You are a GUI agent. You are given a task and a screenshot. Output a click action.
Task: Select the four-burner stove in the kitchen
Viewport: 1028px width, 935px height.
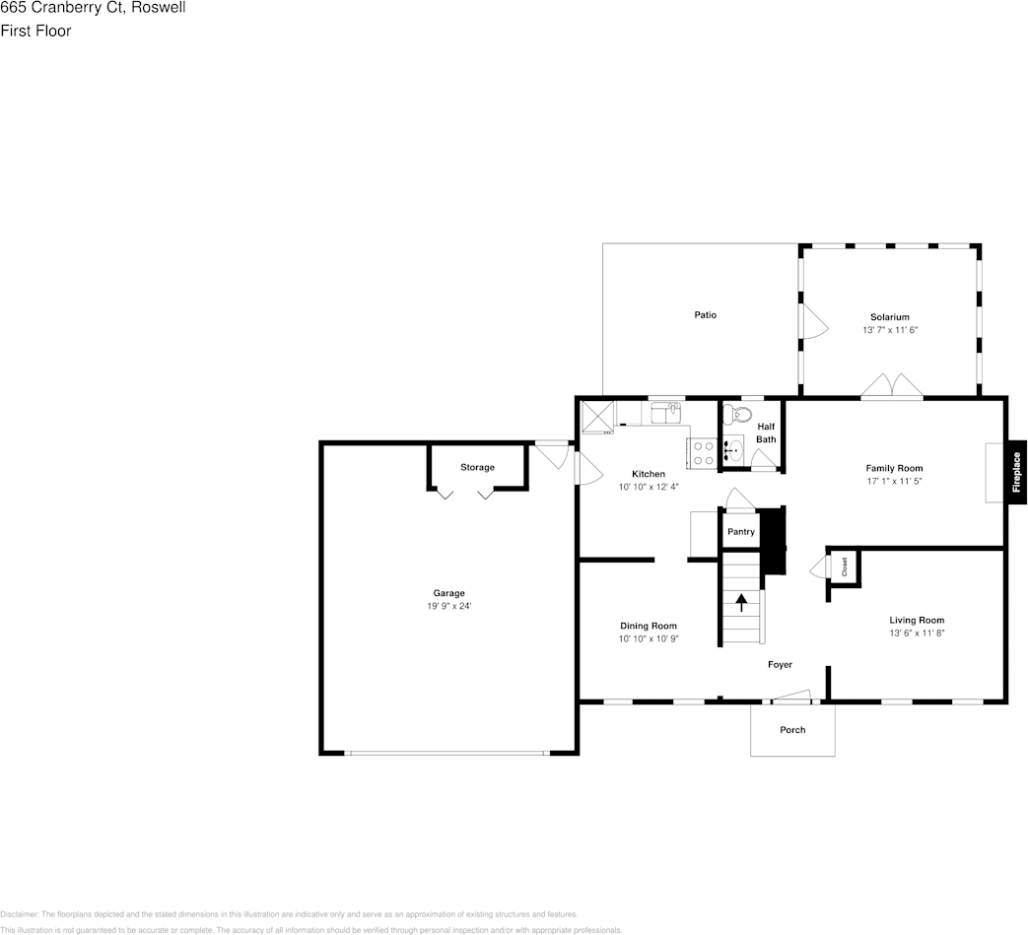[x=703, y=453]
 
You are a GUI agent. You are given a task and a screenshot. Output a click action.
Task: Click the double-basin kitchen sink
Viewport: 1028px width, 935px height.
[x=666, y=412]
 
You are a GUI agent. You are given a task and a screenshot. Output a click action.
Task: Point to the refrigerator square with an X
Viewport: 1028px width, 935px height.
[x=597, y=416]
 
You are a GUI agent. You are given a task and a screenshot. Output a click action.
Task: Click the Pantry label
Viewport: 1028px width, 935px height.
[x=741, y=532]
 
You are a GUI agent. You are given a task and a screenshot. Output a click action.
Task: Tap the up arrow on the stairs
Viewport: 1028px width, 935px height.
[x=741, y=602]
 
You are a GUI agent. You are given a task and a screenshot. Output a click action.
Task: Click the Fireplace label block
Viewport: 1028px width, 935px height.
[x=1016, y=471]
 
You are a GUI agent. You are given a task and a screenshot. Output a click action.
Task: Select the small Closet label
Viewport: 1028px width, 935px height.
[x=845, y=567]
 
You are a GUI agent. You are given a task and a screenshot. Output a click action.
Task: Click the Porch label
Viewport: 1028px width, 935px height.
[x=792, y=730]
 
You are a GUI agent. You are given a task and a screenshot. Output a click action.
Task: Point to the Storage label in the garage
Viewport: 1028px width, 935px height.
[x=477, y=467]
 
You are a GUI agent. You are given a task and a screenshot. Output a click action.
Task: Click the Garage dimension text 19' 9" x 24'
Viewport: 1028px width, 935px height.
[x=448, y=606]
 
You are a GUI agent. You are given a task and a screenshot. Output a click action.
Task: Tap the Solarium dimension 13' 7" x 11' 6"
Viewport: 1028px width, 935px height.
[x=890, y=331]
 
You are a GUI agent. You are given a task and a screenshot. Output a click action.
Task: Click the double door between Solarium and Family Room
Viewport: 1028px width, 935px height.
[x=891, y=387]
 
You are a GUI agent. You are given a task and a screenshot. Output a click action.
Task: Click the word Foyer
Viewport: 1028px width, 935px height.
[x=780, y=665]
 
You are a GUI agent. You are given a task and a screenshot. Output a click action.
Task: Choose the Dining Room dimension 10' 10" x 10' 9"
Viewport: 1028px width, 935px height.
[x=649, y=639]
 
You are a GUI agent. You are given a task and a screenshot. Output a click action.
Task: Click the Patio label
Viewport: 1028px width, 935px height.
[x=705, y=315]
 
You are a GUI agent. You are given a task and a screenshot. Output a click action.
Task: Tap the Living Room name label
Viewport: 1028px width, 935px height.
[x=917, y=621]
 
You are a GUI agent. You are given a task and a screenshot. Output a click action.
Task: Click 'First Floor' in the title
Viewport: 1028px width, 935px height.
[x=35, y=31]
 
